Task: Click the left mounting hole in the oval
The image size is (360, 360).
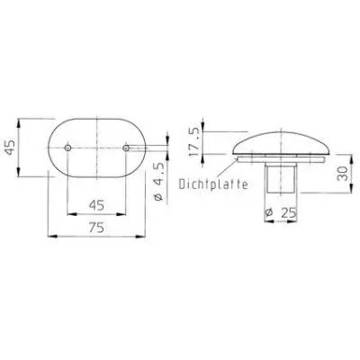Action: coord(67,148)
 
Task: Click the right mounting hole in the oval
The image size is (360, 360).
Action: coord(126,148)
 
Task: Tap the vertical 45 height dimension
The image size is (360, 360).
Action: coord(11,147)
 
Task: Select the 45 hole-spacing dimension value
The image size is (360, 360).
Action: coord(96,205)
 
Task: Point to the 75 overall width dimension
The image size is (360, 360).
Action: coord(96,228)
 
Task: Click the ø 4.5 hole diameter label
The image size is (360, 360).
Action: coord(158,182)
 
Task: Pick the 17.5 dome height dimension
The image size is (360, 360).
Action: coord(193,141)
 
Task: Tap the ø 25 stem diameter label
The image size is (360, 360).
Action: coord(281,212)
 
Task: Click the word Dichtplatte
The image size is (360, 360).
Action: coord(213,184)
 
